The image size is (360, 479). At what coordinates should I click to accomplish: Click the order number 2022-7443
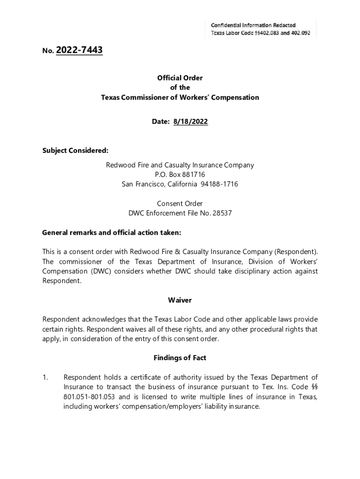[x=79, y=50]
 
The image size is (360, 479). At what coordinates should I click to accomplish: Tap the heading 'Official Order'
[x=180, y=78]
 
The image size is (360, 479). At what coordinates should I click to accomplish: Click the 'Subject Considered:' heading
[x=75, y=151]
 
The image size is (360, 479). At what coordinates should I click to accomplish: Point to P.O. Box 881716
[x=180, y=174]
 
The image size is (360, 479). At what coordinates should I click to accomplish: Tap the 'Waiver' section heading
[x=180, y=300]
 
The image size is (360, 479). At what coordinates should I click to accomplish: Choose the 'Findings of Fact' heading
[x=180, y=358]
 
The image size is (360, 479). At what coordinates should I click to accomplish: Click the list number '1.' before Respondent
[x=46, y=377]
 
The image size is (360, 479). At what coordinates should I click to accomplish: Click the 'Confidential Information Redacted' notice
[x=253, y=25]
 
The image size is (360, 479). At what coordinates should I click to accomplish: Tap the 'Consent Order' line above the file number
[x=180, y=203]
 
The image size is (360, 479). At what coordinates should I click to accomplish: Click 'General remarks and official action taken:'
[x=111, y=232]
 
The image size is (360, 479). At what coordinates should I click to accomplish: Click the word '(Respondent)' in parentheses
[x=295, y=252]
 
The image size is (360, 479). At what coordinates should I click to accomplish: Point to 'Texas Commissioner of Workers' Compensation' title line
[x=180, y=98]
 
